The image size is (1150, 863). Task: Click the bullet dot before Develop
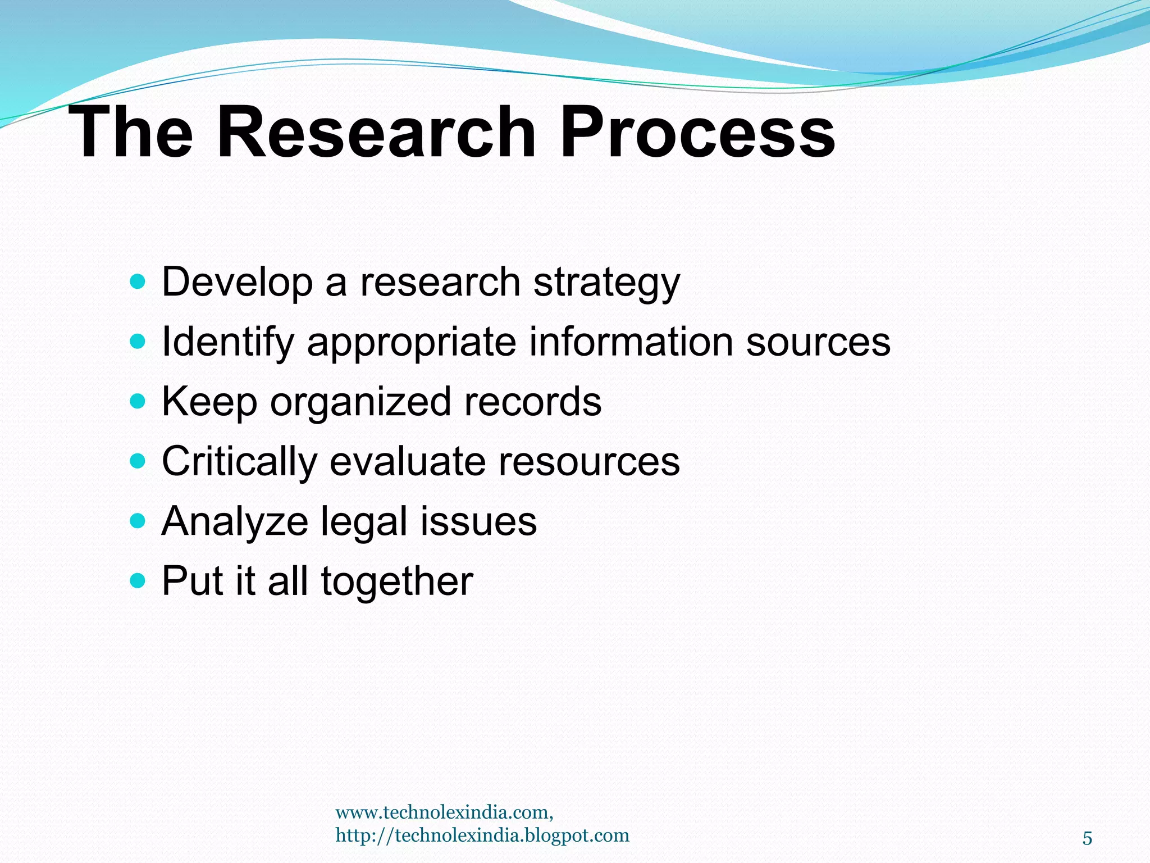137,281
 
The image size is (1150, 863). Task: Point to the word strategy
606,283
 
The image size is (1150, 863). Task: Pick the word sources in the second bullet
818,343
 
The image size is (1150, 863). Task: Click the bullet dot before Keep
137,401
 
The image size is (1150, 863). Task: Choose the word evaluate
408,462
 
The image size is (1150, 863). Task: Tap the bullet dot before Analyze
137,521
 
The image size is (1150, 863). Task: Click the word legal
364,523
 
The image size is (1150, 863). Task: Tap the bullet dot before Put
137,580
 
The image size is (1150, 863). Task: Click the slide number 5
1087,839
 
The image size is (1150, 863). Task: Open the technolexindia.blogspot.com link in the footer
482,835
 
